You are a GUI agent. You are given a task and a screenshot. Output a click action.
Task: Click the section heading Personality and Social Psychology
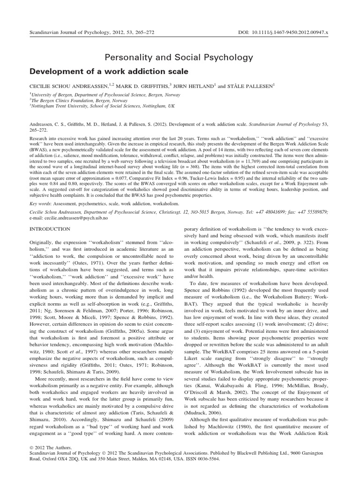pos(180,57)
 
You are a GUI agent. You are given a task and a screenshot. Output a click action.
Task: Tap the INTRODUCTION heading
pos(50,229)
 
